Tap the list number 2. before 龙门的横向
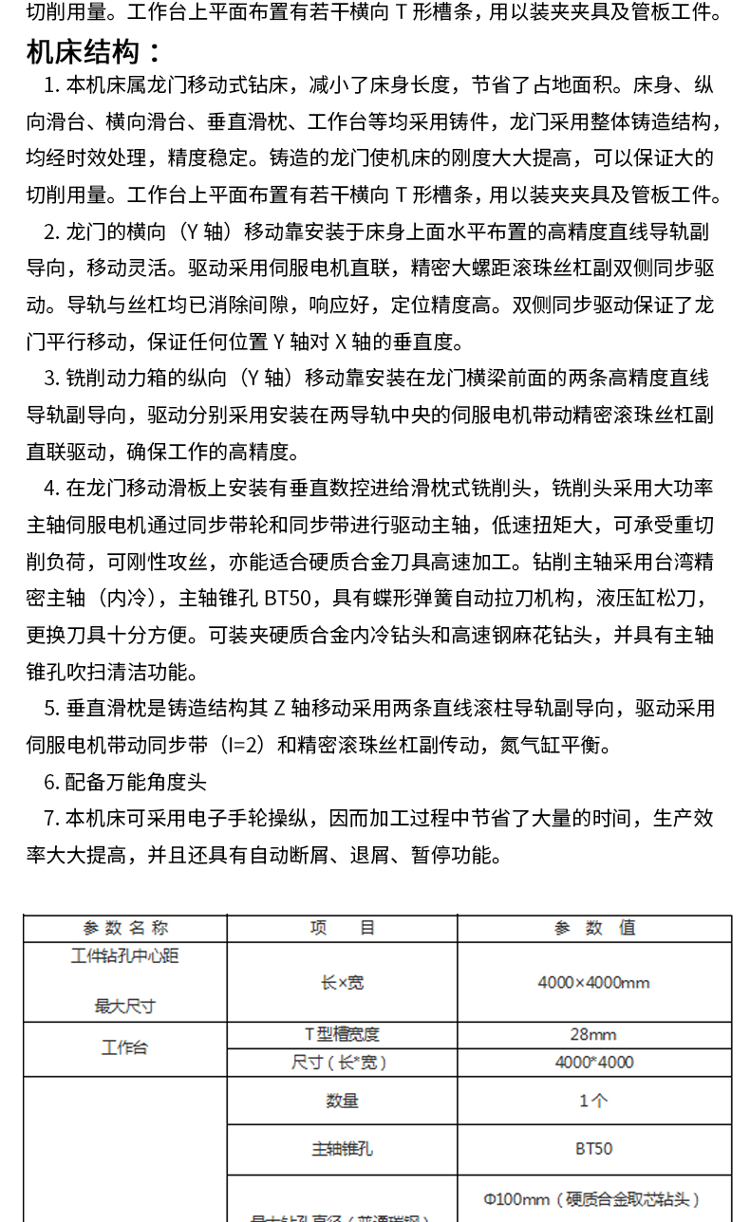point(52,231)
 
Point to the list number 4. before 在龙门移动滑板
point(52,489)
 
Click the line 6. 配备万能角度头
point(125,783)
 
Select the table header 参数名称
point(125,928)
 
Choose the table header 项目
point(342,928)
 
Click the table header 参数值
point(594,928)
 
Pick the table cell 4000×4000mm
point(594,983)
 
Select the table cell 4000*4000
point(594,1063)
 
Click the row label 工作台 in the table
point(125,1048)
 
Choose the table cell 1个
point(594,1102)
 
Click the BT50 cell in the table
point(594,1149)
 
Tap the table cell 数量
point(342,1102)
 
